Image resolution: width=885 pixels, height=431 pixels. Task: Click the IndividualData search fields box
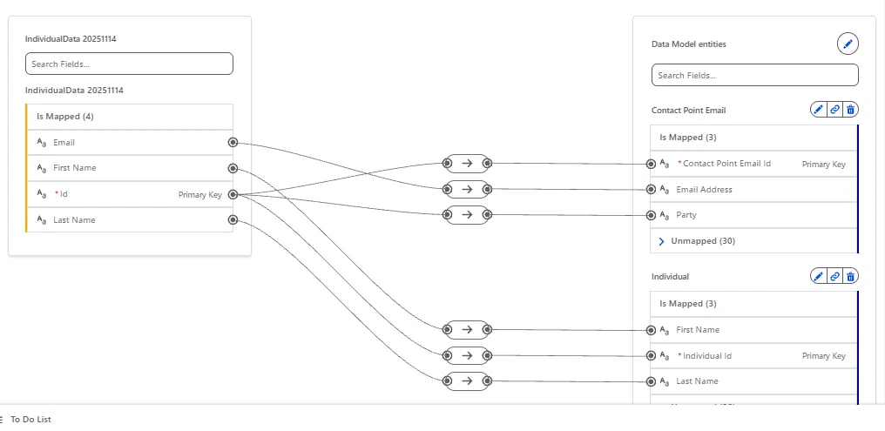tap(129, 64)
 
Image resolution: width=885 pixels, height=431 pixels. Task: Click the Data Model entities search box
tap(754, 75)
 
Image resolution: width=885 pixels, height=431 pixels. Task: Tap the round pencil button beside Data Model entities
tap(848, 44)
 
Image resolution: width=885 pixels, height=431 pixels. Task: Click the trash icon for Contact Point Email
tap(850, 110)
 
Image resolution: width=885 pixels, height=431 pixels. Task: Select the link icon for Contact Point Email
tap(834, 110)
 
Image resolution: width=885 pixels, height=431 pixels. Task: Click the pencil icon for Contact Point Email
tap(819, 110)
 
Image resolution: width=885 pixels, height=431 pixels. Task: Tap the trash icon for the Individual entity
tap(850, 276)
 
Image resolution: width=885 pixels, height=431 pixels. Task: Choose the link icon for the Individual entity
tap(834, 276)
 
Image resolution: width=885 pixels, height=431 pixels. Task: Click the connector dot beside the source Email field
tap(233, 142)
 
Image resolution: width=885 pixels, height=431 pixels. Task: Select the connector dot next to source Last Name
tap(233, 220)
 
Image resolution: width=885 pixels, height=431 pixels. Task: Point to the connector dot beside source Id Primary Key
tap(233, 195)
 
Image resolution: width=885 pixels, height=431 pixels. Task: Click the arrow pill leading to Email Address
tap(467, 189)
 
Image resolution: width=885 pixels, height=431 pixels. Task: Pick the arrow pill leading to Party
tap(467, 215)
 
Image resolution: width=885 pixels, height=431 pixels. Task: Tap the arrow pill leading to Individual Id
tap(467, 355)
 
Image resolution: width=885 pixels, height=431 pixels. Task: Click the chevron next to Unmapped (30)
tap(661, 241)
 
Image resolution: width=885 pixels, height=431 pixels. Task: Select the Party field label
tap(686, 215)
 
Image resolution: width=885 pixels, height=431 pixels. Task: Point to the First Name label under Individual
tap(698, 329)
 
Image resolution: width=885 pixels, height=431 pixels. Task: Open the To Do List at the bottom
tap(30, 419)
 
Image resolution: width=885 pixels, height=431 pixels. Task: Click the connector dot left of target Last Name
tap(651, 381)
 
